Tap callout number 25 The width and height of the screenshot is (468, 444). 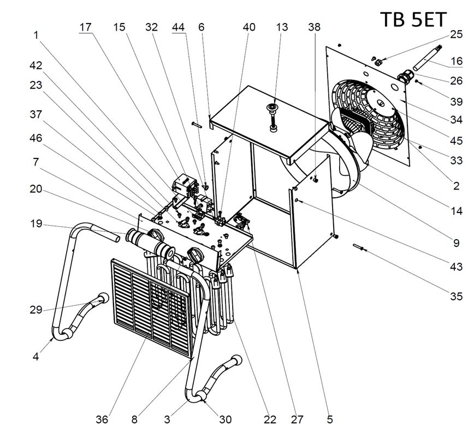[456, 34]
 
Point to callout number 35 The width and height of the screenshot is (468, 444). [456, 297]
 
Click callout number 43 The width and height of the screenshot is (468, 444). [456, 267]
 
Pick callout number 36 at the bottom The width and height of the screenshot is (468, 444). [102, 419]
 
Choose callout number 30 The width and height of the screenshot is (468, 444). [225, 419]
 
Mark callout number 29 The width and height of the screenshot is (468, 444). [35, 310]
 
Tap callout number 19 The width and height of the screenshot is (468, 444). [35, 223]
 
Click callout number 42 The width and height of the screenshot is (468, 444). [35, 64]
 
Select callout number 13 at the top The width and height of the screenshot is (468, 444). [282, 27]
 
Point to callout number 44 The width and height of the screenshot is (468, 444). [179, 27]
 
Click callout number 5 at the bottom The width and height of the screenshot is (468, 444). [330, 419]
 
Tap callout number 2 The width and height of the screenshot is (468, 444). [456, 186]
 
